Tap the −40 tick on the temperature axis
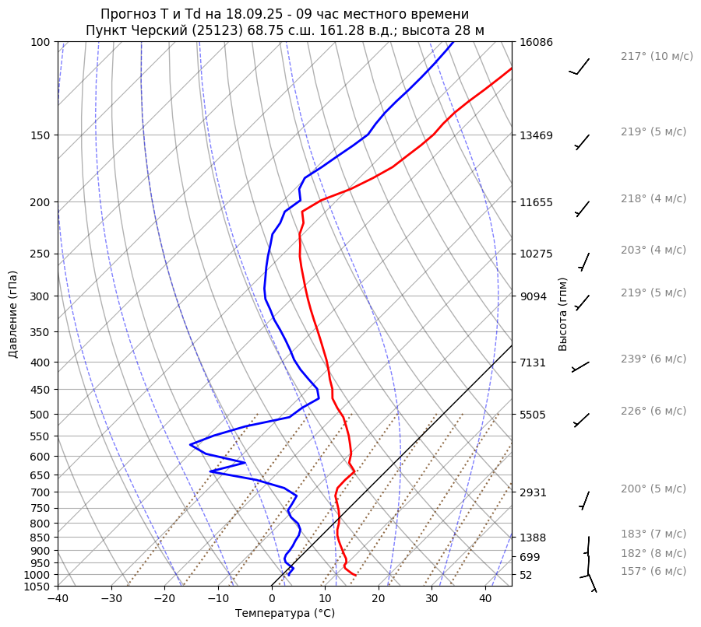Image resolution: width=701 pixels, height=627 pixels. click(x=58, y=599)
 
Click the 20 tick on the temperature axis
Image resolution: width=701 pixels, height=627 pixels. click(x=379, y=599)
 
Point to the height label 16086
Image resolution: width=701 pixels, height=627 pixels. click(x=536, y=42)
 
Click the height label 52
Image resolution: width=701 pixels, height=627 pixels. click(x=527, y=575)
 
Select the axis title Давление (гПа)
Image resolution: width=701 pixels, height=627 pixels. click(x=13, y=314)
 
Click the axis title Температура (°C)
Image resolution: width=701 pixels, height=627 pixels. click(x=285, y=614)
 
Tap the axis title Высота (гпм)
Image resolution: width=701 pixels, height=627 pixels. click(x=563, y=314)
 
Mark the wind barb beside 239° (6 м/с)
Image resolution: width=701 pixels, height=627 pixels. click(x=581, y=366)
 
